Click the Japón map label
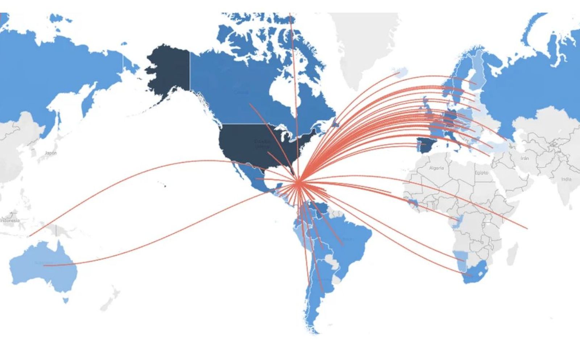(51, 153)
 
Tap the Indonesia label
(10, 220)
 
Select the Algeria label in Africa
(436, 168)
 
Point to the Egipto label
(481, 173)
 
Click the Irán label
(525, 158)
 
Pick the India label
(566, 179)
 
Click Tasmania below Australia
(66, 300)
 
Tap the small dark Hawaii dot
(165, 186)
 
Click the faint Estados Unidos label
(262, 144)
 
